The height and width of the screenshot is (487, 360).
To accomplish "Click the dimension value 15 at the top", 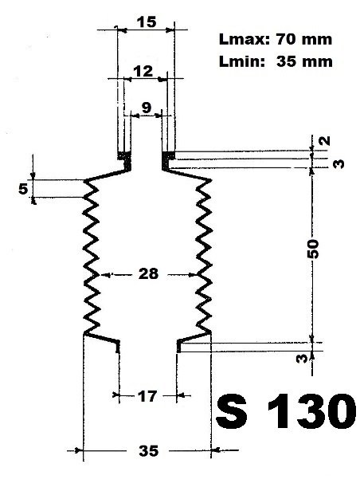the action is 146,22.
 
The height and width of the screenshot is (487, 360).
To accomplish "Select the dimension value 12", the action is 143,72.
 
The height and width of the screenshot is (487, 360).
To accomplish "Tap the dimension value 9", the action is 147,108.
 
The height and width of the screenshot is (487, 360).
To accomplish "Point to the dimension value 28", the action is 148,273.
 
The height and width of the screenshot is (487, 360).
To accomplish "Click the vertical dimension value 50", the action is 313,249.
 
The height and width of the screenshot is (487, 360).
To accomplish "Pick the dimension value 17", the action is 147,396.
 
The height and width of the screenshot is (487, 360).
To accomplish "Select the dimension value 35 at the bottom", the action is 148,450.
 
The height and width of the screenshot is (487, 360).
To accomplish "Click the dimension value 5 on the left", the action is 23,189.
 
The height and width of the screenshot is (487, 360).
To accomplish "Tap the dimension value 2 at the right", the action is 325,141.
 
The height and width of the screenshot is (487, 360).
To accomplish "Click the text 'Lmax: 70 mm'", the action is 276,39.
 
